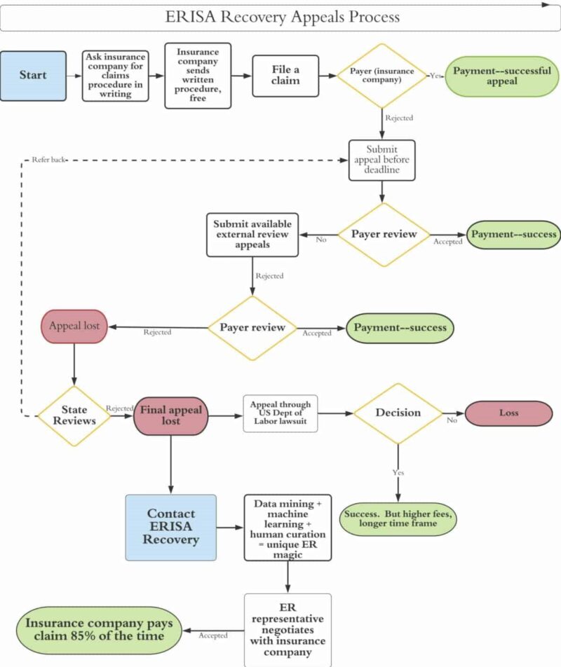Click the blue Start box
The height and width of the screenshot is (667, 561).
tap(34, 76)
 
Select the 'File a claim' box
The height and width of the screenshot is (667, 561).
tap(285, 75)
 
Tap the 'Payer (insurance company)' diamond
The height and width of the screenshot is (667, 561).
tap(382, 76)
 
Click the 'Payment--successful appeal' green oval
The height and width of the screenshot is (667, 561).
tap(501, 76)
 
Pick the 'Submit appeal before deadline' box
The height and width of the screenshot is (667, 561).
tap(381, 160)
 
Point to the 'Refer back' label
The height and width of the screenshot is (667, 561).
tap(48, 160)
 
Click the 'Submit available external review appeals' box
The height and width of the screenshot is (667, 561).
tap(252, 235)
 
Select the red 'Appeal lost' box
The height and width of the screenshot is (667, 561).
tap(74, 326)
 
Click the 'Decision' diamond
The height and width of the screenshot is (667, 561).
tap(398, 413)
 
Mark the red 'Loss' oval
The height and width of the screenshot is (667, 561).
tap(508, 413)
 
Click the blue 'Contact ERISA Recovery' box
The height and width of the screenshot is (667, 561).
tap(171, 527)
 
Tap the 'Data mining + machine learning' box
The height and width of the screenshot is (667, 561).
tap(288, 527)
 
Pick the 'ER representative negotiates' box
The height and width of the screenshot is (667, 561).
tap(288, 628)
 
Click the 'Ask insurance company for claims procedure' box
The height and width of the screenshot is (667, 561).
tap(116, 76)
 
